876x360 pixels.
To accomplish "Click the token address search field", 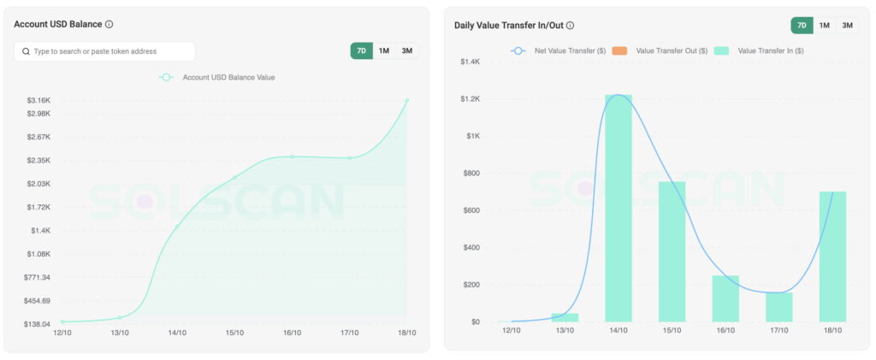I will click(x=104, y=51).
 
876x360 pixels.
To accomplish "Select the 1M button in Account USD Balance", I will click(x=384, y=51).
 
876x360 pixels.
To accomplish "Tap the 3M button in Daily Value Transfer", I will click(x=847, y=26).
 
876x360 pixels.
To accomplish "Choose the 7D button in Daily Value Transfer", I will click(x=802, y=26).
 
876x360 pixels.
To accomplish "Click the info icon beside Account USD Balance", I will click(x=109, y=25).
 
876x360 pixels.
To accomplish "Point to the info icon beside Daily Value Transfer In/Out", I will click(x=571, y=26).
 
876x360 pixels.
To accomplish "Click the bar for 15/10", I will click(x=672, y=251).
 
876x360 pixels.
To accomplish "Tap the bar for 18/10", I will click(x=832, y=257).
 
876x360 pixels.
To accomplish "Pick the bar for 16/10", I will click(x=725, y=298).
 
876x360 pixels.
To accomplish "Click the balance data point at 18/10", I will click(x=406, y=101).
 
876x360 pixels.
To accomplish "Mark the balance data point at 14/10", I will click(x=177, y=227).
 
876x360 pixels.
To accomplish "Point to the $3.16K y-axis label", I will click(x=38, y=100).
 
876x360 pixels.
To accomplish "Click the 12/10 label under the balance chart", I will click(x=62, y=333).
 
